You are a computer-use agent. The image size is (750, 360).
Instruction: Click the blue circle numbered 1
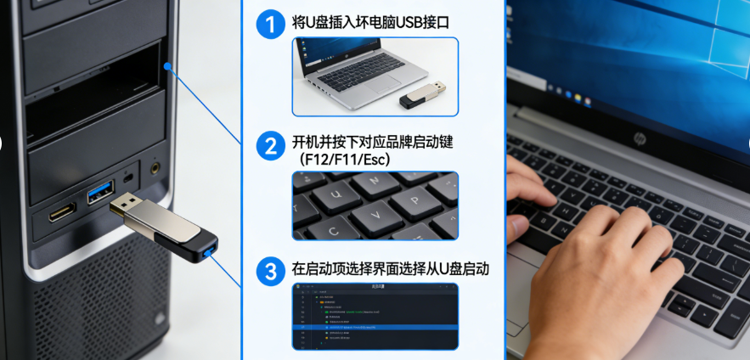[x=270, y=24]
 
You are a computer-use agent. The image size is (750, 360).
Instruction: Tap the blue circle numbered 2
[x=270, y=146]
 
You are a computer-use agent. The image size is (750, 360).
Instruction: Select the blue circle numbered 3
[x=270, y=271]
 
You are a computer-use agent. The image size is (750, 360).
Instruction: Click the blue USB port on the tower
[x=99, y=191]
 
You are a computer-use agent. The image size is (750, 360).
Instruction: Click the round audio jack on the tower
[x=155, y=168]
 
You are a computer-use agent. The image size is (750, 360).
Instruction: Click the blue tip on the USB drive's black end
[x=209, y=252]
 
